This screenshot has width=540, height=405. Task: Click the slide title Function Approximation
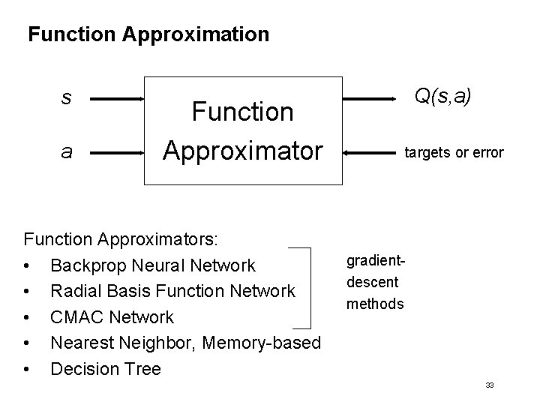pyautogui.click(x=148, y=34)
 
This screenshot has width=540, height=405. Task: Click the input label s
pyautogui.click(x=67, y=98)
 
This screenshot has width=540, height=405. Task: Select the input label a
pyautogui.click(x=67, y=152)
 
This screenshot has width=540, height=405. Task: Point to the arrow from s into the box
pyautogui.click(x=120, y=99)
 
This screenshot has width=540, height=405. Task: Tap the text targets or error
pyautogui.click(x=454, y=153)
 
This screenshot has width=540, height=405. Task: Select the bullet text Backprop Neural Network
pyautogui.click(x=152, y=265)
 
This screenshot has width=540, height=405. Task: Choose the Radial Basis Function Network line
pyautogui.click(x=172, y=291)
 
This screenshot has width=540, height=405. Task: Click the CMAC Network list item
pyautogui.click(x=112, y=317)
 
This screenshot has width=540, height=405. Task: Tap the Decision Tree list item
pyautogui.click(x=105, y=368)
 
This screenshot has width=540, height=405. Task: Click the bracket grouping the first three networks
pyautogui.click(x=308, y=288)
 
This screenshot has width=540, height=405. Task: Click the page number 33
pyautogui.click(x=489, y=385)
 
